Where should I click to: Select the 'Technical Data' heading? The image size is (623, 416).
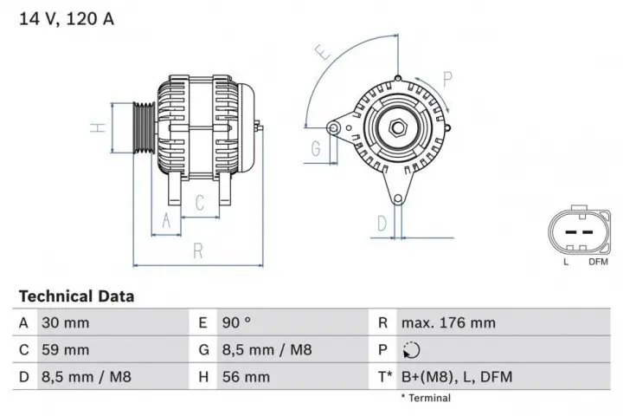tap(76, 296)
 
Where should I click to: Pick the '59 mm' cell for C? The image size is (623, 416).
tap(65, 350)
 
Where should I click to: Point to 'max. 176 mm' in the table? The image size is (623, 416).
tap(447, 323)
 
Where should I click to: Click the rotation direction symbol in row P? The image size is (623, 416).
tap(410, 351)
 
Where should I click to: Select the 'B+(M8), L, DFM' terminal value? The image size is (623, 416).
tap(455, 377)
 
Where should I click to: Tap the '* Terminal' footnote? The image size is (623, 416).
tap(425, 398)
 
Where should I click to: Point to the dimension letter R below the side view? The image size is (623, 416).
tap(197, 251)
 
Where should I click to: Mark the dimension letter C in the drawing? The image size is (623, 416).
tap(200, 204)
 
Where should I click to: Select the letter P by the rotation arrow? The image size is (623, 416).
tap(448, 79)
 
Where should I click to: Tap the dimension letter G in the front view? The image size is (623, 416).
tap(316, 146)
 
